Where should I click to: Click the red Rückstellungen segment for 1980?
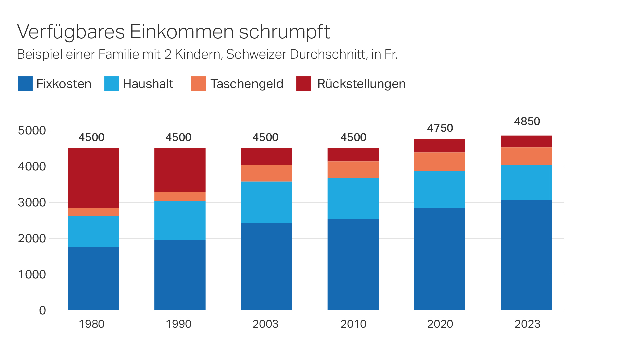[x=93, y=178]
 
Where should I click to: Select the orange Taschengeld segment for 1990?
[x=180, y=196]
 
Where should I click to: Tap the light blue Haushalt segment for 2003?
[x=266, y=202]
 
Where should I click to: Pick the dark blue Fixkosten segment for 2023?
[x=526, y=255]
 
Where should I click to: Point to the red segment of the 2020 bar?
[x=439, y=146]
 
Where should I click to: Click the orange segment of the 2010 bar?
[x=353, y=170]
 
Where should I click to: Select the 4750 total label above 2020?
[x=440, y=128]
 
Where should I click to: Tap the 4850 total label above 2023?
[x=527, y=121]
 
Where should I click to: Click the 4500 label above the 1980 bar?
[x=91, y=137]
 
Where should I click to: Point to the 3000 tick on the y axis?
[x=32, y=203]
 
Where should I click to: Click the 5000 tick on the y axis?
[x=32, y=131]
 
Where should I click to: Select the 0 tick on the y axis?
[x=42, y=310]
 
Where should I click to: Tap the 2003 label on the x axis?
[x=265, y=324]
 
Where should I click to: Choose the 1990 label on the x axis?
[x=179, y=324]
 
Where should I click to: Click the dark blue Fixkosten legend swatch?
[x=25, y=84]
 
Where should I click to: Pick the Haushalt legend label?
[x=148, y=84]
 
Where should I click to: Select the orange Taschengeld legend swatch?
[x=198, y=84]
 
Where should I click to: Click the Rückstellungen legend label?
[x=361, y=84]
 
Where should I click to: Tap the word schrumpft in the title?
[x=284, y=32]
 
